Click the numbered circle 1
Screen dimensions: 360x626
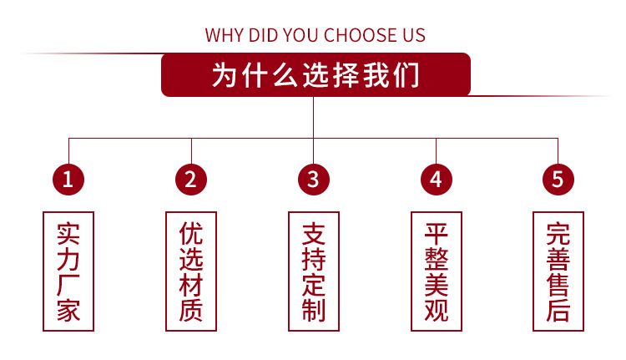pyautogui.click(x=68, y=178)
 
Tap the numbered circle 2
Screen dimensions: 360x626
pyautogui.click(x=190, y=178)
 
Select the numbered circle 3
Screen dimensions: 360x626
pyautogui.click(x=313, y=178)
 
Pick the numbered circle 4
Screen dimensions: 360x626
pyautogui.click(x=436, y=178)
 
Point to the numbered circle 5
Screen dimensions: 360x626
pyautogui.click(x=558, y=178)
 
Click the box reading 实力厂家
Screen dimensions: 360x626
pyautogui.click(x=68, y=271)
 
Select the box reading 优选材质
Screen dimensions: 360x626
pyautogui.click(x=191, y=271)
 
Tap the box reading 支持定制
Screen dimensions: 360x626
pyautogui.click(x=313, y=271)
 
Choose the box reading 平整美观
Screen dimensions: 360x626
pyautogui.click(x=436, y=271)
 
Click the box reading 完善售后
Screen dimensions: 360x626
pyautogui.click(x=558, y=271)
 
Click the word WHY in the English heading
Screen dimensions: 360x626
pyautogui.click(x=225, y=35)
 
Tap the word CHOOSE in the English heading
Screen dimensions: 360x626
pyautogui.click(x=363, y=35)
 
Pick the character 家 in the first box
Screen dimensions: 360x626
pyautogui.click(x=68, y=312)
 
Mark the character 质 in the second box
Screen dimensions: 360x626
pyautogui.click(x=191, y=312)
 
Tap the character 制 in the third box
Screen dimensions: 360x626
pyautogui.click(x=313, y=312)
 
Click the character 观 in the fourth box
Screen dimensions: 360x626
pyautogui.click(x=436, y=312)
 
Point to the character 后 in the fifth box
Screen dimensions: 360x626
pyautogui.click(x=558, y=312)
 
